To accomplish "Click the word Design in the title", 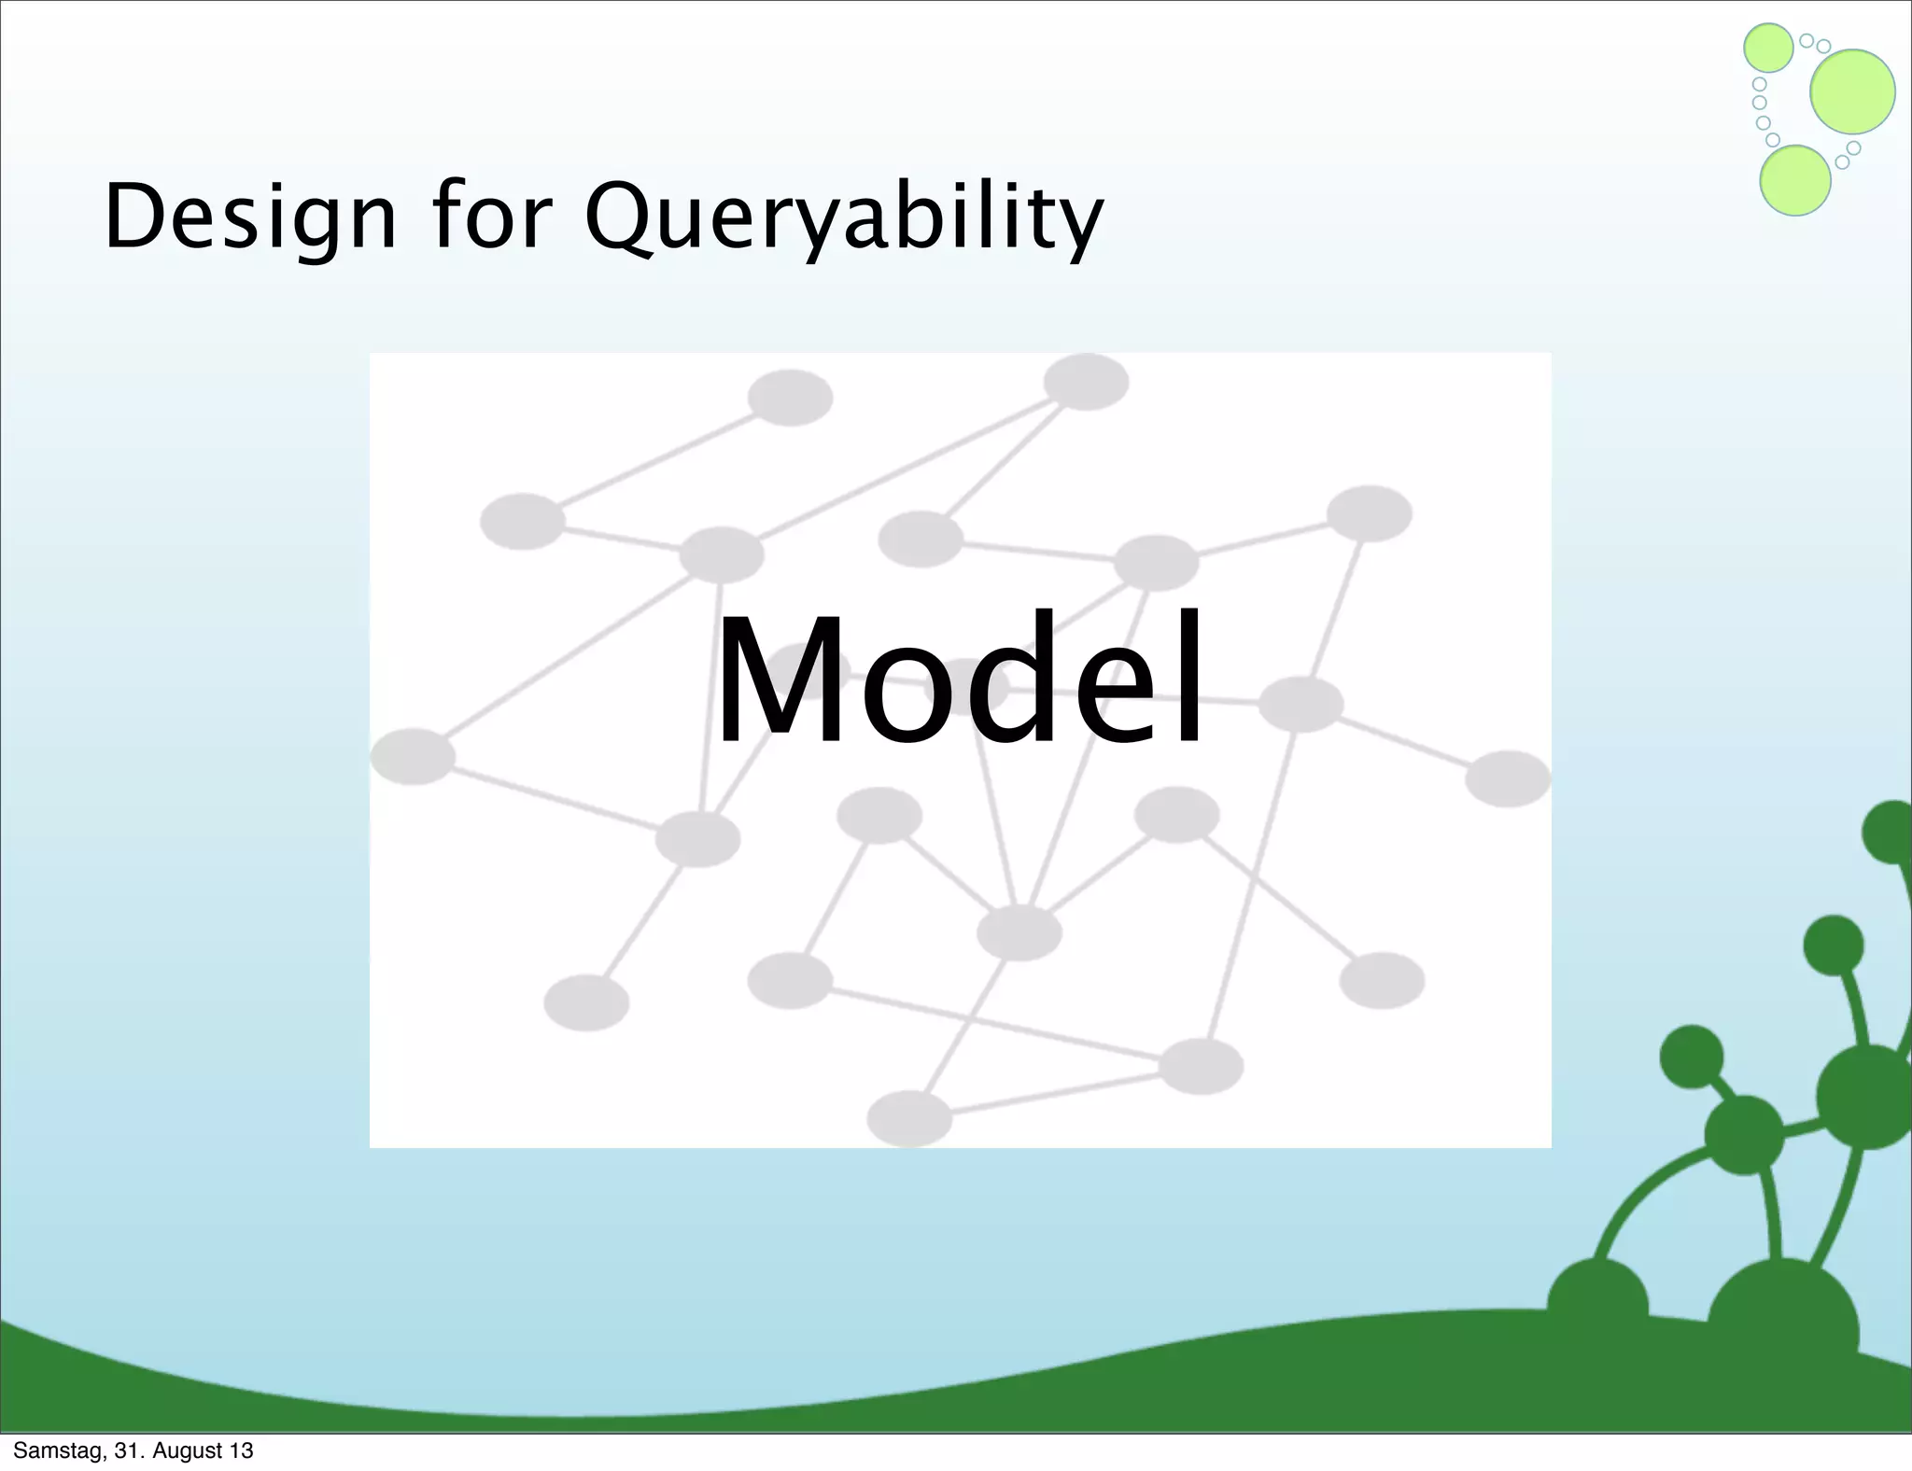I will pyautogui.click(x=250, y=217).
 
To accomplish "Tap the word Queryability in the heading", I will pyautogui.click(x=844, y=217).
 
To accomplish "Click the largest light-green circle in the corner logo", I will pyautogui.click(x=1852, y=91).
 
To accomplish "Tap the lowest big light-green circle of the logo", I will pyautogui.click(x=1794, y=180).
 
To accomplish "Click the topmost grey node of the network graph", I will pyautogui.click(x=1086, y=382).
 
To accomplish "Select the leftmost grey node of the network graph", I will pyautogui.click(x=413, y=756).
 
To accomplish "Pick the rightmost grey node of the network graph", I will pyautogui.click(x=1508, y=778).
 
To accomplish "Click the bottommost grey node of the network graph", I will pyautogui.click(x=909, y=1117).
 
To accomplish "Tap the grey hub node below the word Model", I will pyautogui.click(x=1019, y=932).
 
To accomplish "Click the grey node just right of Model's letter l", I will pyautogui.click(x=1300, y=704).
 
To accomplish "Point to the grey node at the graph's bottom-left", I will pyautogui.click(x=586, y=1002).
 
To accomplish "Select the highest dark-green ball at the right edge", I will pyautogui.click(x=1891, y=831).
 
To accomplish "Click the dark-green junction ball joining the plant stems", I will pyautogui.click(x=1744, y=1134).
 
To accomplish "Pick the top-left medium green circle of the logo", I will pyautogui.click(x=1768, y=48).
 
